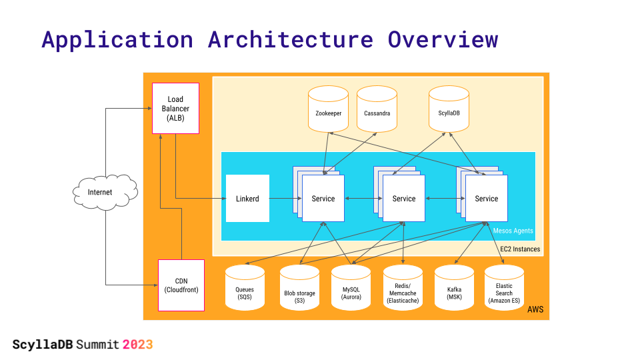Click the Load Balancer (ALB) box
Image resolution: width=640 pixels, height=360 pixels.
175,108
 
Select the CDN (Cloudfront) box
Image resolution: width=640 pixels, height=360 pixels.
181,285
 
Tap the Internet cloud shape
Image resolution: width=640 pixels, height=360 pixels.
105,192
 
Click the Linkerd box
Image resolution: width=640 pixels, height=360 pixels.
247,199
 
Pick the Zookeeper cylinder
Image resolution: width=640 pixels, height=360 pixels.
328,109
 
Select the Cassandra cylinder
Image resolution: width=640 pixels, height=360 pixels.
377,109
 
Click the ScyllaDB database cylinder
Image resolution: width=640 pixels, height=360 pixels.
449,109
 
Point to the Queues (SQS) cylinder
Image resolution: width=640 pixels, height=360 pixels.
245,287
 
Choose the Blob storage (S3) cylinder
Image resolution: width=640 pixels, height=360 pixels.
299,287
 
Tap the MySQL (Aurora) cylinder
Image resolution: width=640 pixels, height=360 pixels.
351,287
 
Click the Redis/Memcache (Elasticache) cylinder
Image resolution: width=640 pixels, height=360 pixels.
403,287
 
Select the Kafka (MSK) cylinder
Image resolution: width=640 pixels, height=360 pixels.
454,287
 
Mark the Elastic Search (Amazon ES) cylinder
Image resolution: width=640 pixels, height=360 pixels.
504,287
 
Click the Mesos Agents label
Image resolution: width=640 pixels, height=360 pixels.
513,231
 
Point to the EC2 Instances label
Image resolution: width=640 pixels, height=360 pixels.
520,249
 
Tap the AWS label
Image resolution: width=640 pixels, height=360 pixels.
535,309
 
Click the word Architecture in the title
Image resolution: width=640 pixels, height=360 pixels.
290,39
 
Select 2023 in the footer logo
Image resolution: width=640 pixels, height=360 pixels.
137,345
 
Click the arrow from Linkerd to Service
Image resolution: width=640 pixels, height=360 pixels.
285,199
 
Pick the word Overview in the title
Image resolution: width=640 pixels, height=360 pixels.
443,39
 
